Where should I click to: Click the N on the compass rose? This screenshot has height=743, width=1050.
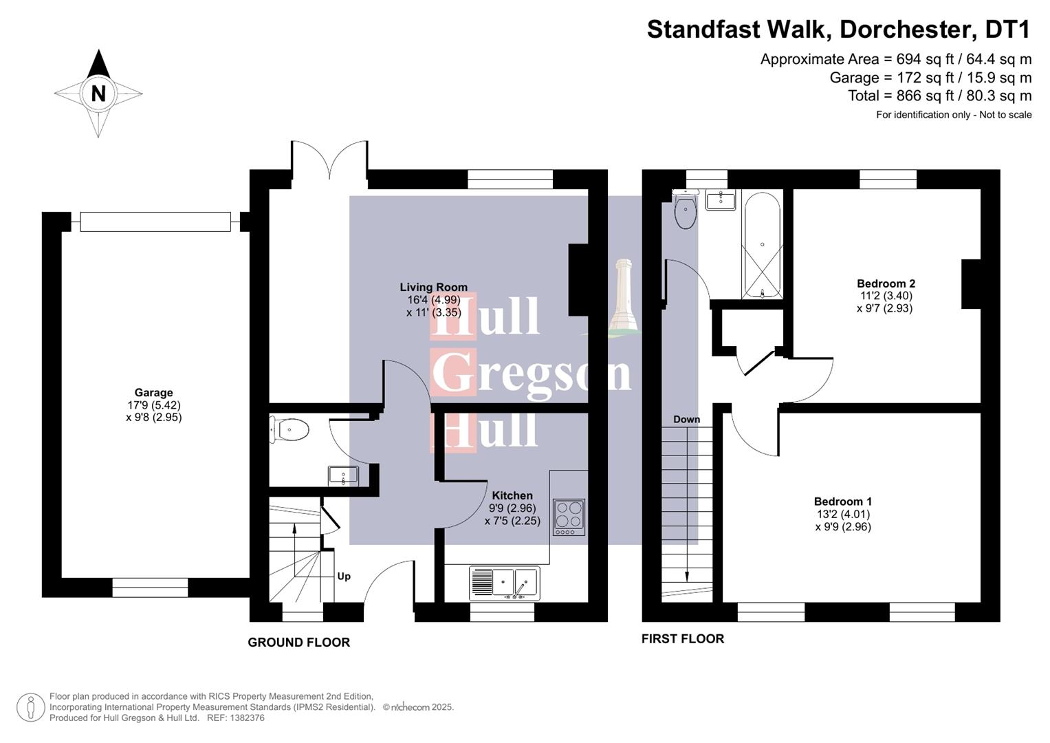[x=98, y=94]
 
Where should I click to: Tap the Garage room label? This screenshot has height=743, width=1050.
[x=153, y=393]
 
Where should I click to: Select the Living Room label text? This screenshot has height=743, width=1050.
[x=433, y=287]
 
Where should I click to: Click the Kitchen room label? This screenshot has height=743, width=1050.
[x=512, y=495]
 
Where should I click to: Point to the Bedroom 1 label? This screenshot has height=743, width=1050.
[x=842, y=502]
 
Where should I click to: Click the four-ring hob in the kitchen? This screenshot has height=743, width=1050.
[x=569, y=517]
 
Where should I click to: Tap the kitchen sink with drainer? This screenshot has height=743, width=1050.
[x=504, y=583]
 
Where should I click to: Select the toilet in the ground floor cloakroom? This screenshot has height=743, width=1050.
[x=289, y=431]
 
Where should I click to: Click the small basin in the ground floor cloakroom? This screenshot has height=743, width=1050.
[x=343, y=475]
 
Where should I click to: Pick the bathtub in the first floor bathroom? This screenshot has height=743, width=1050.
[x=762, y=245]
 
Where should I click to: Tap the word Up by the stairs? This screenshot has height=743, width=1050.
[x=344, y=576]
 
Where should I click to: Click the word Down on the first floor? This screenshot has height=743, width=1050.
[x=686, y=419]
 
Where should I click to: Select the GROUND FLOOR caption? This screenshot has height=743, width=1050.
[x=298, y=642]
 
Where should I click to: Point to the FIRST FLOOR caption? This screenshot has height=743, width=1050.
[x=682, y=638]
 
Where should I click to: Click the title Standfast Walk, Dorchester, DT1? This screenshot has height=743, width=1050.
[x=838, y=30]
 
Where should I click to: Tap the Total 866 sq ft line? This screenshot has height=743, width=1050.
[x=939, y=96]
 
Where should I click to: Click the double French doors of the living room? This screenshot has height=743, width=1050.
[x=329, y=162]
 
